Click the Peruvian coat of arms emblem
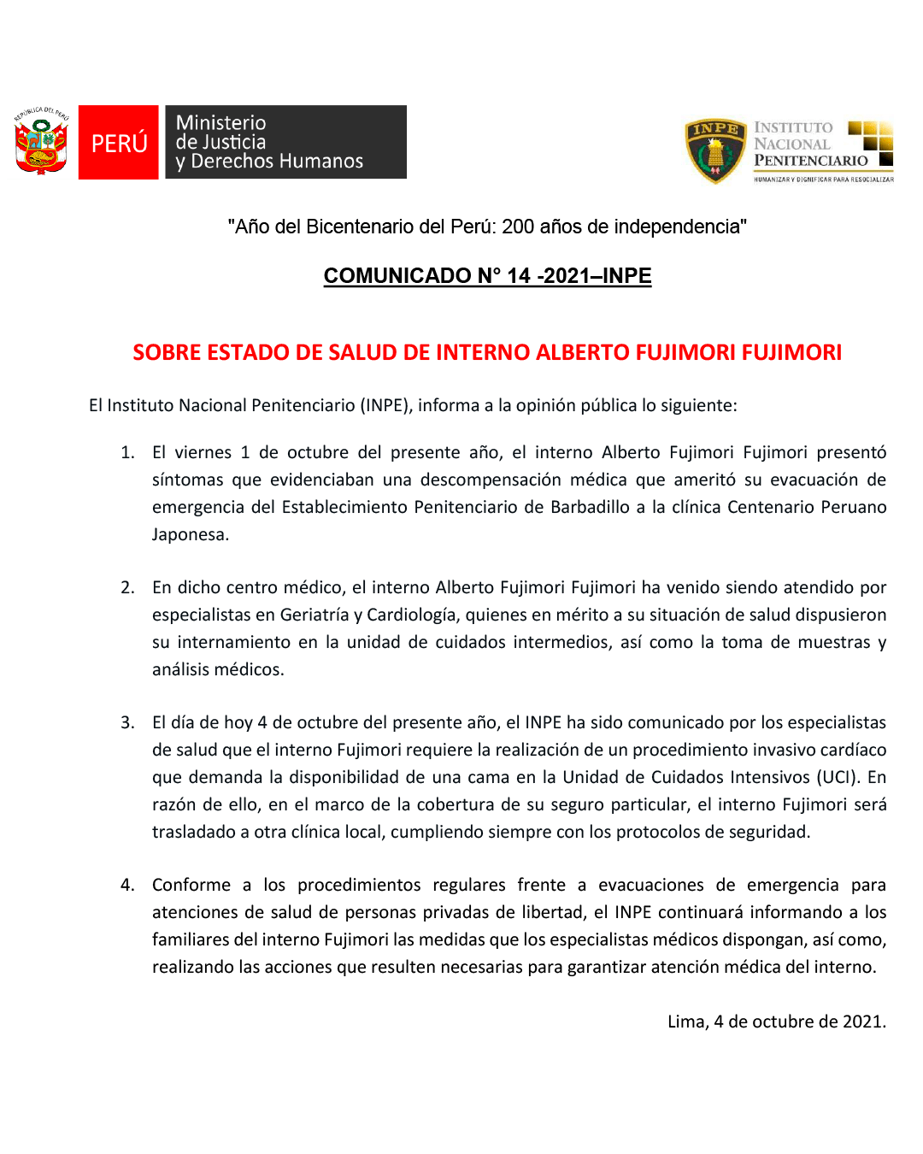tap(41, 142)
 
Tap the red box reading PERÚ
tap(119, 143)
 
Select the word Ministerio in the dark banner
tap(220, 123)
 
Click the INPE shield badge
tap(715, 151)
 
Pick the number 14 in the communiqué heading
tap(519, 276)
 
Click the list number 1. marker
tap(127, 452)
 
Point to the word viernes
tap(203, 452)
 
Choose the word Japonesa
tap(190, 534)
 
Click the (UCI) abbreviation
tap(838, 777)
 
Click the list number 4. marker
tap(127, 885)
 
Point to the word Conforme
tap(191, 885)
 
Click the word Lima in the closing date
tap(687, 1022)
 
